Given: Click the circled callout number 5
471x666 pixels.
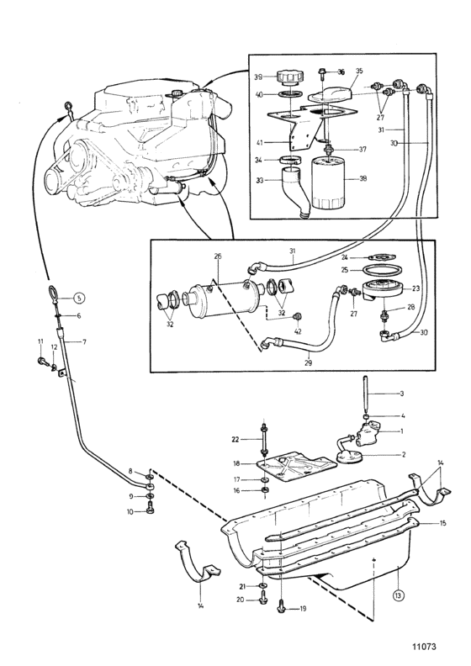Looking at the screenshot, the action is point(78,299).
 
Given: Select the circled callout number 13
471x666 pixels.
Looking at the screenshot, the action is point(398,595).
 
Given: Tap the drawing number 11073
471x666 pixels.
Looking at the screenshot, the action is point(424,647).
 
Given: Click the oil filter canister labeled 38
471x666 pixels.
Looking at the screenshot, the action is point(330,183).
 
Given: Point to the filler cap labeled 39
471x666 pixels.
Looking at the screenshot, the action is point(289,78).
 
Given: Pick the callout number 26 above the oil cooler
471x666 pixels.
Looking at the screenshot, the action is point(218,256).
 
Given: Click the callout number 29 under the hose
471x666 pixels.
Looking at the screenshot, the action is point(308,362).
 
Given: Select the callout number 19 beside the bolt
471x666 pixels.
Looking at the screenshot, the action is point(303,609).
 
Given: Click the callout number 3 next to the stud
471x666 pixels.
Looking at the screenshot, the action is point(402,394).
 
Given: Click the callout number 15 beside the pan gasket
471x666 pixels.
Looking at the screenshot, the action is point(443,523).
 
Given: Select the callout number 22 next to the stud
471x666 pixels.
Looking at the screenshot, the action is point(235,440).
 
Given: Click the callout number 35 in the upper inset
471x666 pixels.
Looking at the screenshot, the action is point(359,71).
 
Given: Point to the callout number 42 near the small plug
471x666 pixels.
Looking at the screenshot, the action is point(298,331).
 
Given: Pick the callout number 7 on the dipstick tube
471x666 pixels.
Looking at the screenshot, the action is point(84,341).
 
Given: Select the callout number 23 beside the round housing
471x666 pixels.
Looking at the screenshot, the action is point(415,288).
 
